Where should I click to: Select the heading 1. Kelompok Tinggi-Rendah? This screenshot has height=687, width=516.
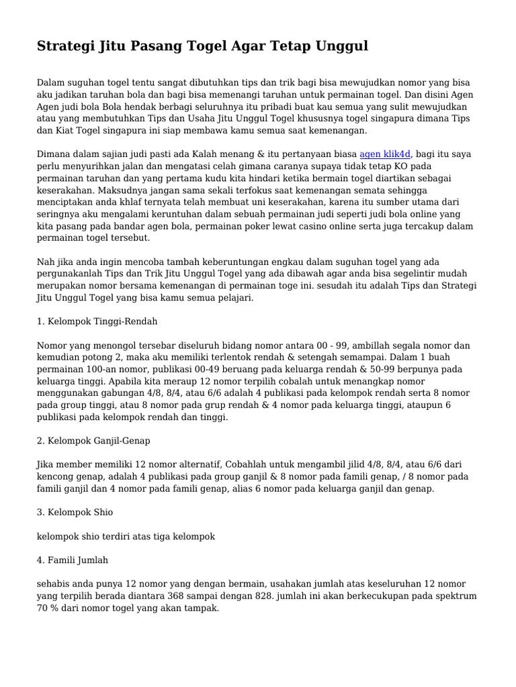click(97, 321)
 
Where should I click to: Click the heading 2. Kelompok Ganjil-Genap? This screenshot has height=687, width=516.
click(93, 441)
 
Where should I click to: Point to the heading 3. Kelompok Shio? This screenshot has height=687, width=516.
click(75, 512)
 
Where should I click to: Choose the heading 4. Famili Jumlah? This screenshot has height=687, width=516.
click(73, 560)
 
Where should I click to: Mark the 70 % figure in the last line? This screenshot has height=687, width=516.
click(47, 608)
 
